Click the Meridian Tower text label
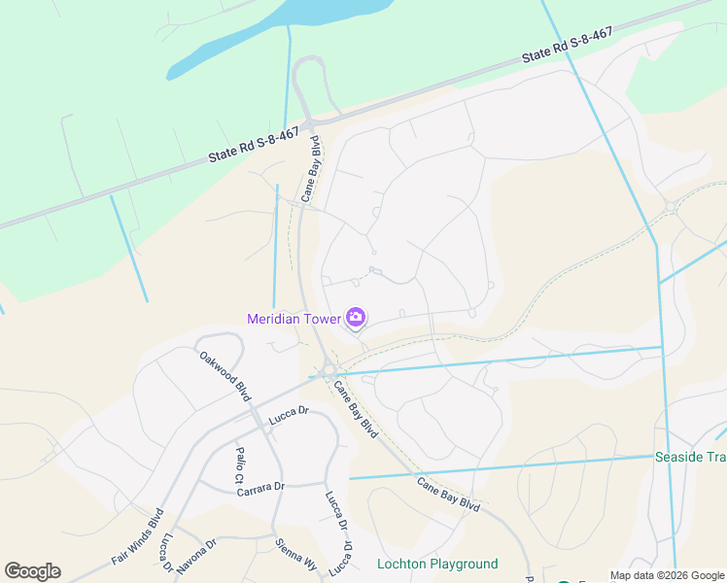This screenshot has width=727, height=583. pyautogui.click(x=294, y=319)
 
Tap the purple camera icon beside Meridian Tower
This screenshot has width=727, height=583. pyautogui.click(x=356, y=318)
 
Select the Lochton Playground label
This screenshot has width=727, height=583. pyautogui.click(x=437, y=564)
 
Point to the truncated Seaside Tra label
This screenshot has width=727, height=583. pyautogui.click(x=690, y=458)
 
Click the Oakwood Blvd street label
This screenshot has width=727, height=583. pyautogui.click(x=225, y=376)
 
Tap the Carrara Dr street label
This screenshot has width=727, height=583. pyautogui.click(x=260, y=488)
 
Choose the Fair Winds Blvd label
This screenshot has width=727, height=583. pyautogui.click(x=137, y=536)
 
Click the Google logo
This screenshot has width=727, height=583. pyautogui.click(x=32, y=571)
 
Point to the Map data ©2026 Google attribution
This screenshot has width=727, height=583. pyautogui.click(x=667, y=575)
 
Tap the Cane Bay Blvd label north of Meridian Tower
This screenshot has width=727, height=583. pyautogui.click(x=311, y=171)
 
